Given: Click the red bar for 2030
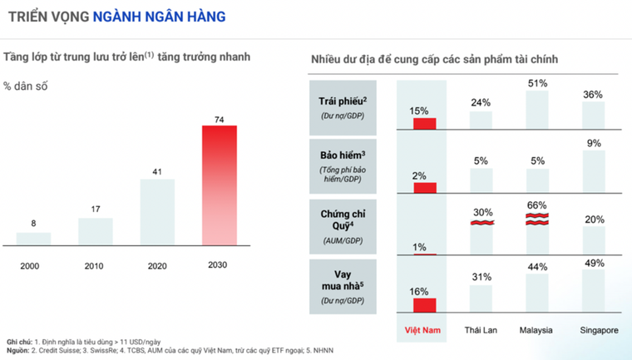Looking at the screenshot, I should [220, 185].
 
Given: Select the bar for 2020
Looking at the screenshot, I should [157, 212].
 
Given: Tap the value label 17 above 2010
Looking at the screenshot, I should [96, 209].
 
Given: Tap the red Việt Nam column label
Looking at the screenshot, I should [422, 329].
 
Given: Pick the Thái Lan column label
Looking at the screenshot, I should [480, 329].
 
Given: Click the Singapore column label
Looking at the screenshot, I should [599, 329].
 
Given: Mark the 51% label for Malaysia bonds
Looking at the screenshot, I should [537, 83].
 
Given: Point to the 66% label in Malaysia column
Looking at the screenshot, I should [537, 206].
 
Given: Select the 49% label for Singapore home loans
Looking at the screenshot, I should [594, 263].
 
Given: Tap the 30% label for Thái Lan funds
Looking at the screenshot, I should [481, 213].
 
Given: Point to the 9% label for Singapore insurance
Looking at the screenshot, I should [594, 143].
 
